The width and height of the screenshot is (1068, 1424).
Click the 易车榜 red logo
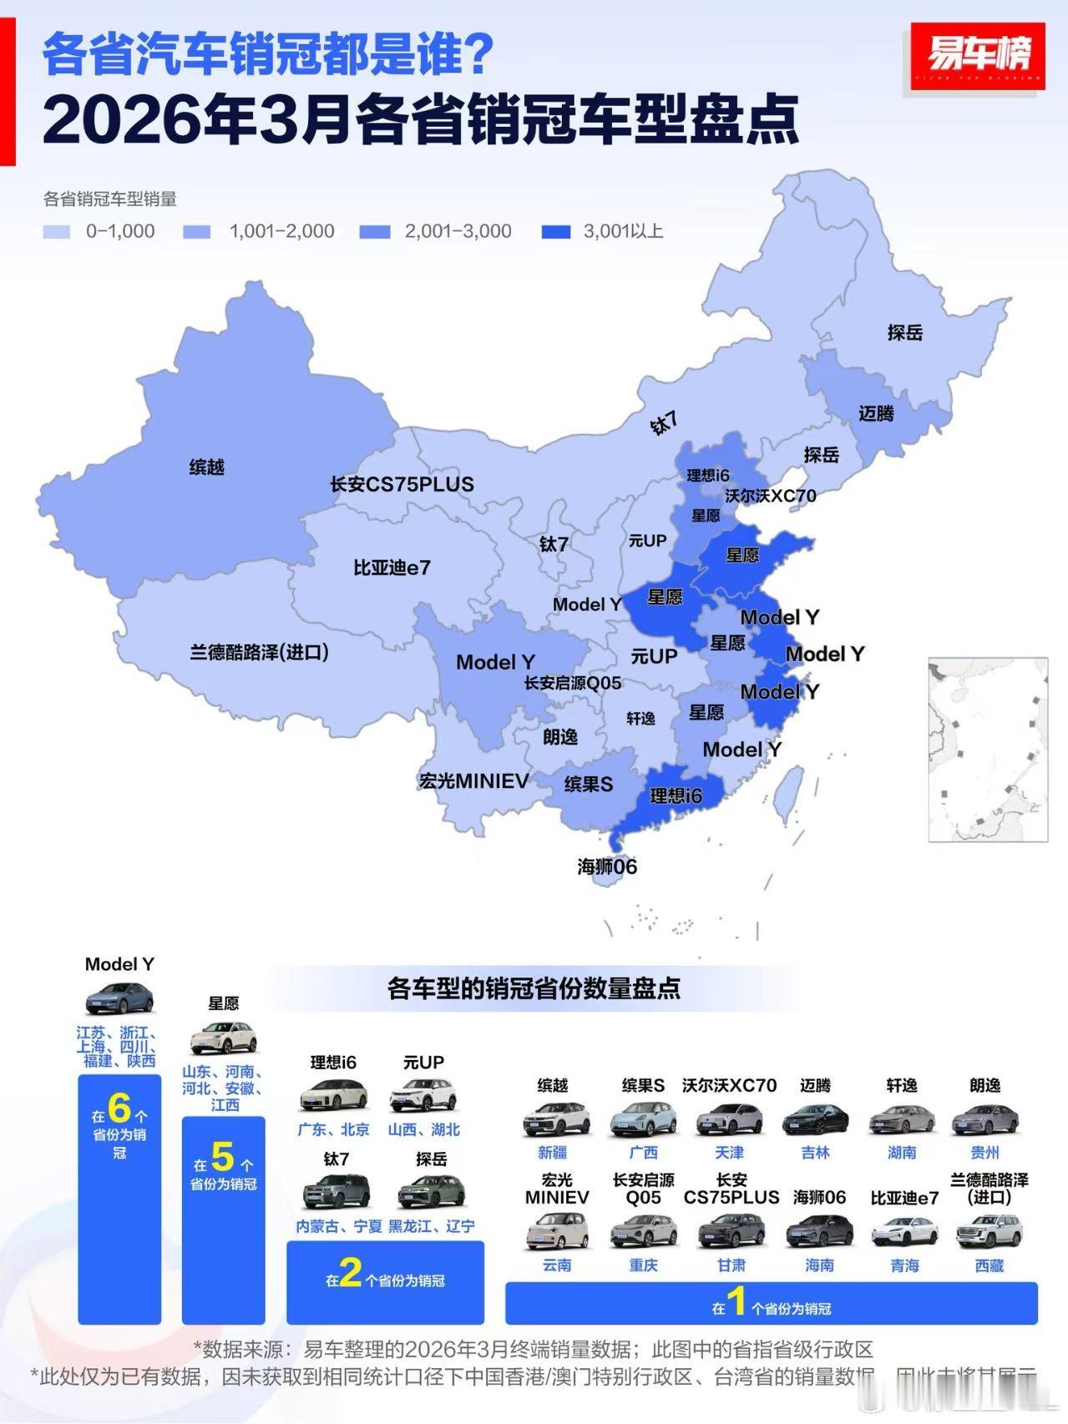point(977,56)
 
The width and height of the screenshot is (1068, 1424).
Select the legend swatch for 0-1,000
point(56,232)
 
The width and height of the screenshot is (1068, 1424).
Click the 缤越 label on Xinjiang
point(206,467)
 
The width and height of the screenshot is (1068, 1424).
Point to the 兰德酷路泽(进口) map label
point(259,652)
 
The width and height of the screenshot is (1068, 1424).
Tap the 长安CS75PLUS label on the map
point(402,484)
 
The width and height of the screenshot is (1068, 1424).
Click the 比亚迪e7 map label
point(392,568)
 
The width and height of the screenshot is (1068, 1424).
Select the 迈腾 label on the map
point(876,413)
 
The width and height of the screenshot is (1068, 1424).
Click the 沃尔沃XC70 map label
point(770,495)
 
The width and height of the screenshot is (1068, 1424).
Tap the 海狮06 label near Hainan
point(607,866)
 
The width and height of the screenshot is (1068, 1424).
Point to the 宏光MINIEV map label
point(473,781)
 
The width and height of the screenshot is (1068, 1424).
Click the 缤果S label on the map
point(589,784)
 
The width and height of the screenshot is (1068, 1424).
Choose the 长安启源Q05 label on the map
point(573,683)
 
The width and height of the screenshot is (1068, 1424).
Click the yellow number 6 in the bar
point(119,1108)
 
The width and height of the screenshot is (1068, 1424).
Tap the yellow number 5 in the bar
point(222,1157)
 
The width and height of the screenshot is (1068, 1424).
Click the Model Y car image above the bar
point(119,999)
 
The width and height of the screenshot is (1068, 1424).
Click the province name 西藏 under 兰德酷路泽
point(989,1265)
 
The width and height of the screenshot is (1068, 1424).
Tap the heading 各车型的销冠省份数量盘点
point(534,988)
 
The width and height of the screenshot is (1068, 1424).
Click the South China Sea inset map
point(988,749)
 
